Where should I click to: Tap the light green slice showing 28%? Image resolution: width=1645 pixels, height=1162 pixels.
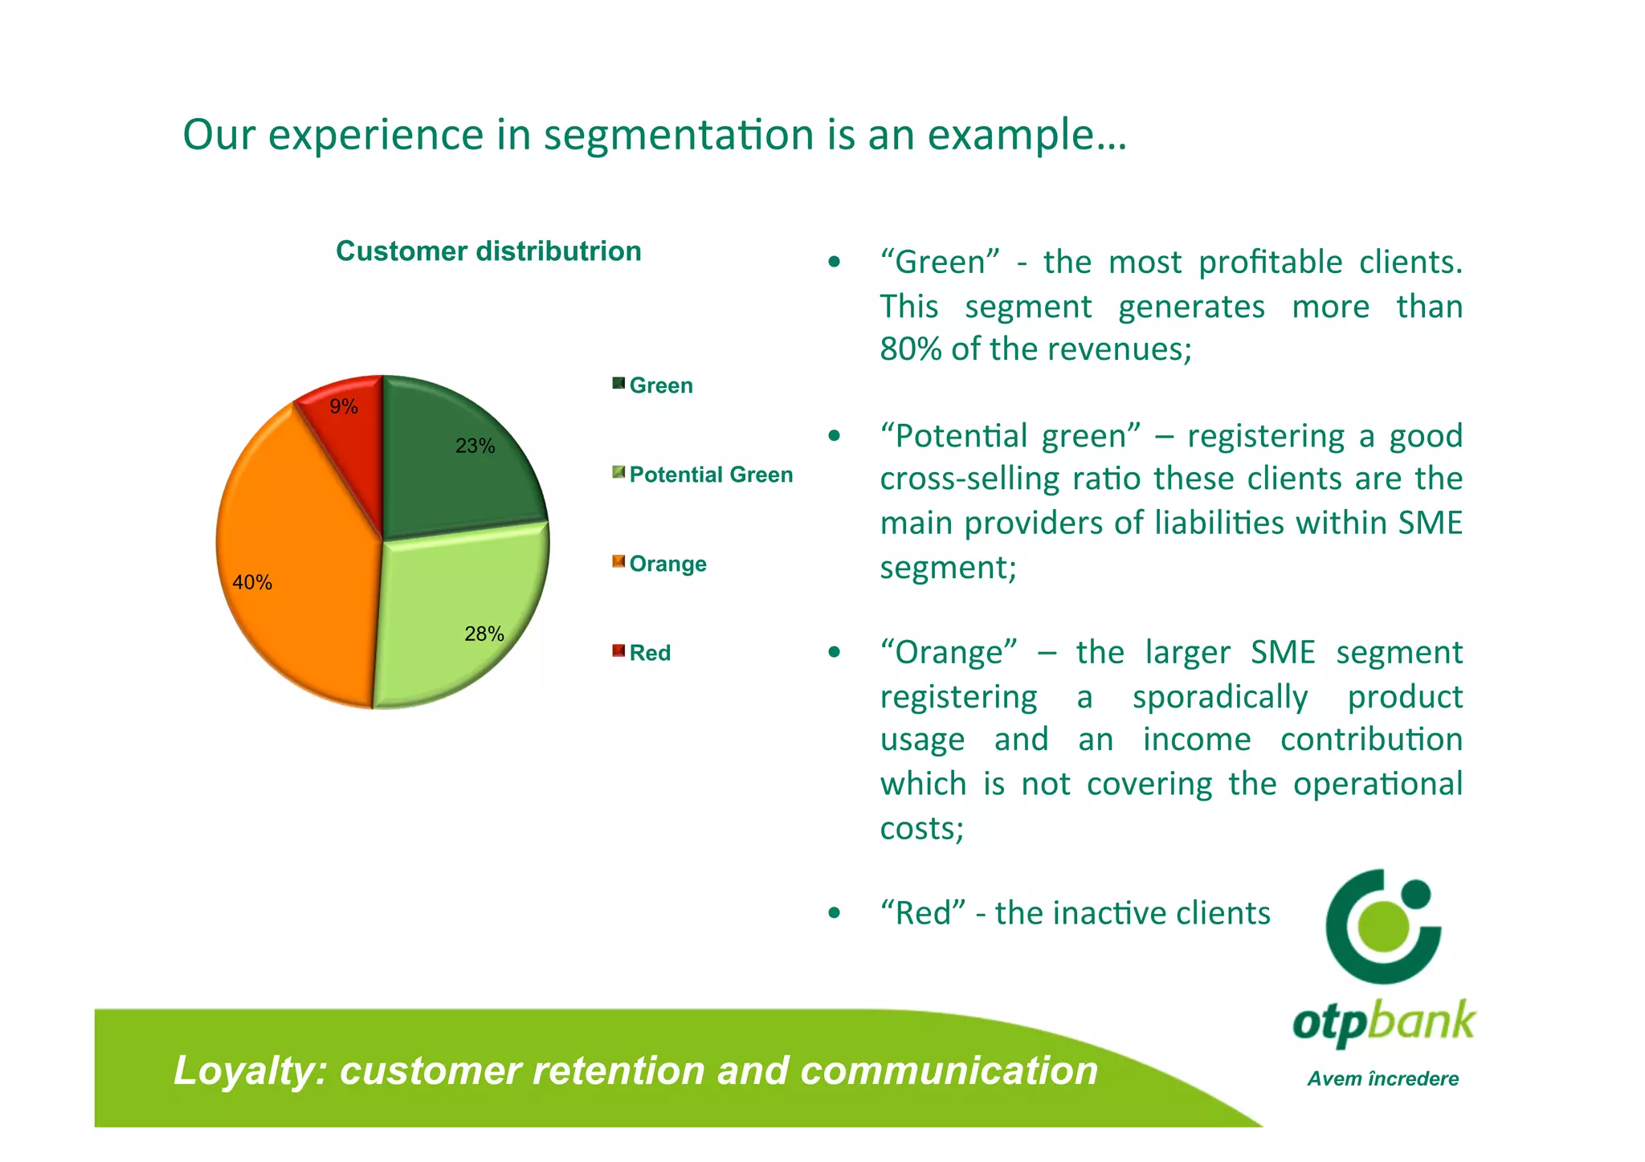pyautogui.click(x=458, y=618)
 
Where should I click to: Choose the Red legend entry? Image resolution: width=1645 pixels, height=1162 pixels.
pyautogui.click(x=649, y=653)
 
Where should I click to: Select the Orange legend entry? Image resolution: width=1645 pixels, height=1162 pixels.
pyautogui.click(x=667, y=564)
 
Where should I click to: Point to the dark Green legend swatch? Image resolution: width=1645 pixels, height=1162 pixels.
pyautogui.click(x=618, y=383)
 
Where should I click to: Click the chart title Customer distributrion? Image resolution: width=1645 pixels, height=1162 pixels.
pyautogui.click(x=488, y=251)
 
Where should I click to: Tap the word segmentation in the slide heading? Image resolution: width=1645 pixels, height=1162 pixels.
pyautogui.click(x=679, y=134)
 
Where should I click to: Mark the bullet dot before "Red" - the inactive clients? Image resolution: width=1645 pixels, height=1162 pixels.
pyautogui.click(x=835, y=913)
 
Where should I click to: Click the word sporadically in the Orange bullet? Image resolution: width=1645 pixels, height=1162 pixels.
pyautogui.click(x=1219, y=697)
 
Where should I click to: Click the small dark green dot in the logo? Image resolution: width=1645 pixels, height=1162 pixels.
pyautogui.click(x=1416, y=893)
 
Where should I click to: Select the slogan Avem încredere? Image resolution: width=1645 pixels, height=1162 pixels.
pyautogui.click(x=1382, y=1078)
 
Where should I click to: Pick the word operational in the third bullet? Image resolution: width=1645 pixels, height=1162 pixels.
pyautogui.click(x=1377, y=784)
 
